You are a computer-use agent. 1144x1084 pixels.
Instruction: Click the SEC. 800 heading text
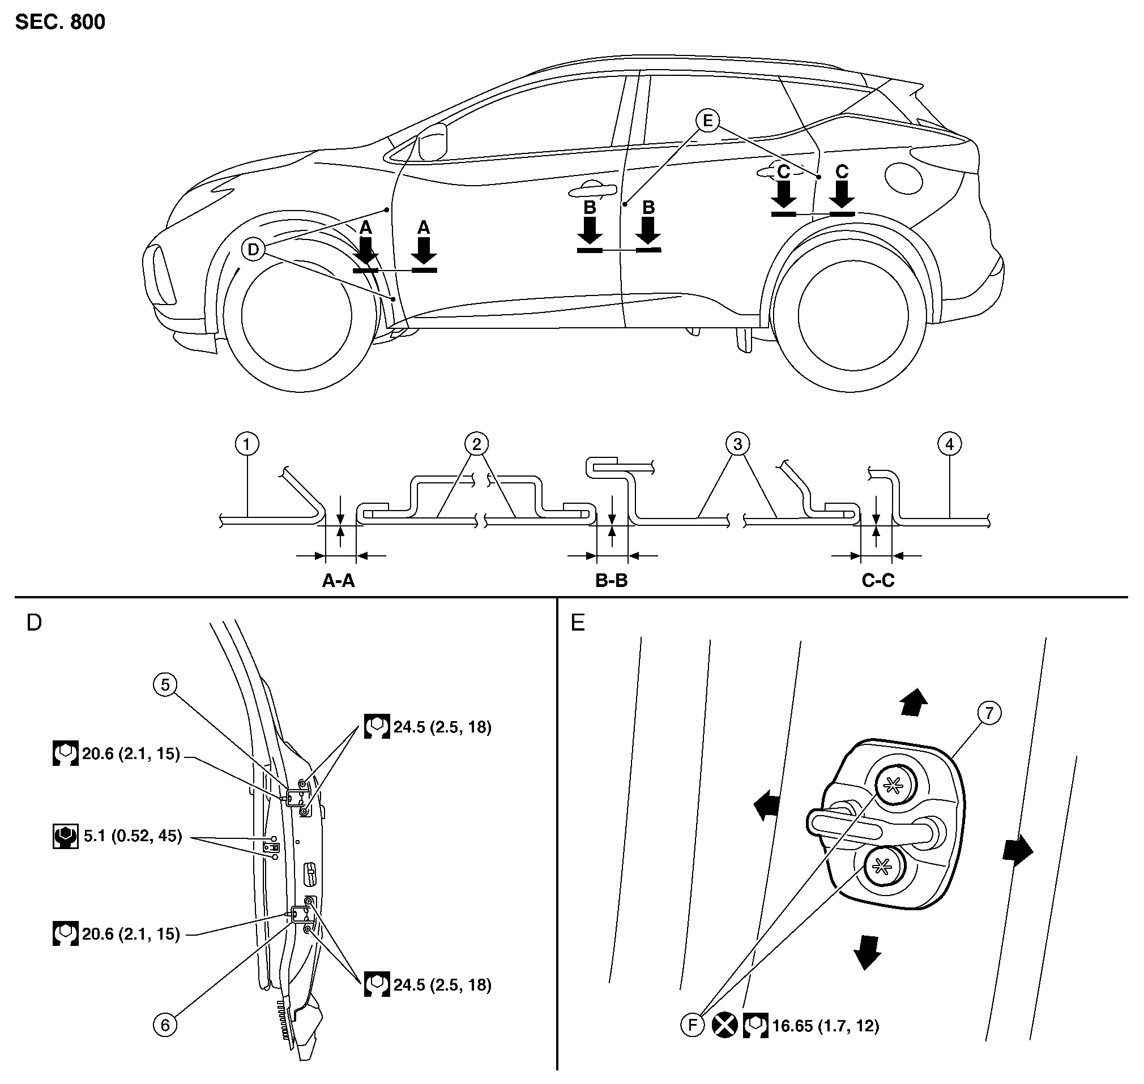coord(60,22)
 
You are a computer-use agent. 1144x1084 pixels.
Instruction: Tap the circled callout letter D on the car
coord(253,250)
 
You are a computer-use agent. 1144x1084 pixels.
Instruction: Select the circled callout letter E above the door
coord(707,121)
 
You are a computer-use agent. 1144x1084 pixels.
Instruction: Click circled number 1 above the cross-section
coord(247,444)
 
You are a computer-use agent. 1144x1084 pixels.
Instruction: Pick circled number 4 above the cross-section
coord(949,444)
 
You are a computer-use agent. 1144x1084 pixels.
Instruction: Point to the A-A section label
coord(338,580)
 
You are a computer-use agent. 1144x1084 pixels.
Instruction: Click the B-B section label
coord(612,580)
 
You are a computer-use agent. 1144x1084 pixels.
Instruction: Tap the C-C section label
coord(877,580)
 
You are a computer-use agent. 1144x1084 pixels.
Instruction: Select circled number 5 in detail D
coord(165,685)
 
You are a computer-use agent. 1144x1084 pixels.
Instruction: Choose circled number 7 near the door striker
coord(989,713)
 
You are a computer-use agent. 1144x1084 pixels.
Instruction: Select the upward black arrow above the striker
coord(914,701)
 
